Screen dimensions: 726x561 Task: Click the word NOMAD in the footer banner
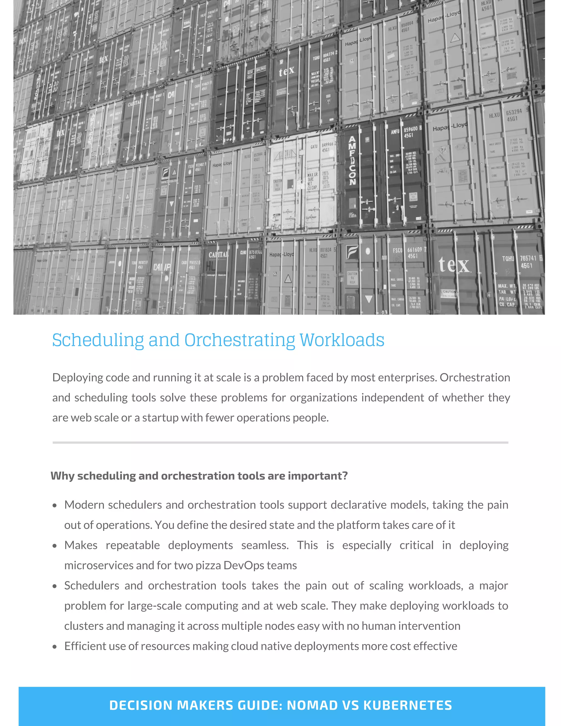312,705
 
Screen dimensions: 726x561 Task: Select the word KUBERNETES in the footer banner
407,705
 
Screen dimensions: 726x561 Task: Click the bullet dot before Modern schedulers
55,506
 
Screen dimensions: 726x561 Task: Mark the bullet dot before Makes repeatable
55,546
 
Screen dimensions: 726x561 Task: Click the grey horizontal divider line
280,442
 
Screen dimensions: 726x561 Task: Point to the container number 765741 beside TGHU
528,258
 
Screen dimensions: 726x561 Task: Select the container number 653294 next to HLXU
514,112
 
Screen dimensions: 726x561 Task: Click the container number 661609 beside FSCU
414,250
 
